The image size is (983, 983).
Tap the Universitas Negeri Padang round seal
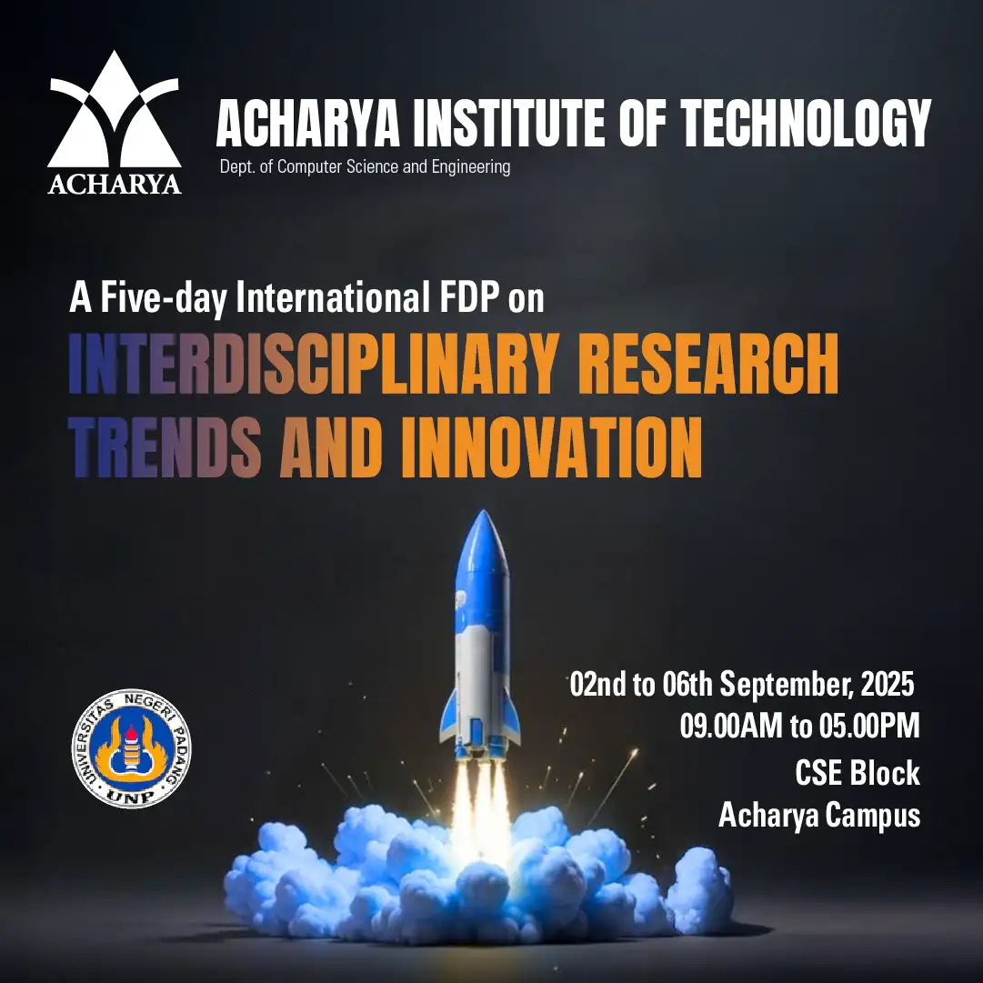[x=131, y=747]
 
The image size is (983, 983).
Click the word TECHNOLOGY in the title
[x=806, y=124]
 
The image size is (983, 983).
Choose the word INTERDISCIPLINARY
[x=314, y=364]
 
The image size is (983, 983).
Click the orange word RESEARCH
[x=708, y=364]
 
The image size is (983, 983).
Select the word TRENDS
[x=165, y=447]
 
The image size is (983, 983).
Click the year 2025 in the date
[x=888, y=684]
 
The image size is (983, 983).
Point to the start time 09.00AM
[x=731, y=726]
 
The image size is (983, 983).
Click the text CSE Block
[x=858, y=772]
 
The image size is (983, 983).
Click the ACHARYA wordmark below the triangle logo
[x=115, y=185]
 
